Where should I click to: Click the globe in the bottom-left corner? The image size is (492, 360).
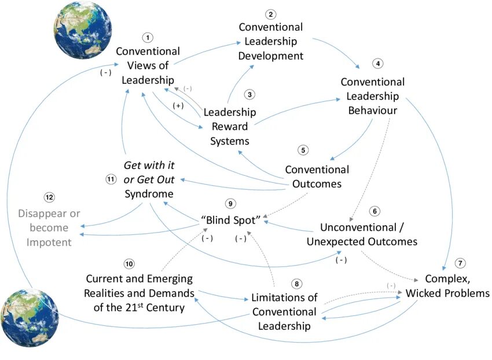[x=30, y=318]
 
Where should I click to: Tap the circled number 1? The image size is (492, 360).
[x=148, y=38]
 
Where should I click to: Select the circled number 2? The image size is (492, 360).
[x=270, y=14]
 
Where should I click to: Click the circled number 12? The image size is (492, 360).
[x=50, y=198]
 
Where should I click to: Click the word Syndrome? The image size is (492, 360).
[x=149, y=193]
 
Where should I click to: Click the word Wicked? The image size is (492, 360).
[x=424, y=293]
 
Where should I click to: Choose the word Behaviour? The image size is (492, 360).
[x=373, y=110]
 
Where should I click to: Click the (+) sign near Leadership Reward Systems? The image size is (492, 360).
[x=179, y=106]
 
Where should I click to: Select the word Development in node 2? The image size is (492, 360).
[x=270, y=56]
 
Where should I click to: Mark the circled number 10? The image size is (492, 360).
[x=129, y=264]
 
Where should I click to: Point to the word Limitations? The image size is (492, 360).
[x=284, y=297]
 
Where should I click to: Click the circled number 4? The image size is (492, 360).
[x=379, y=63]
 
